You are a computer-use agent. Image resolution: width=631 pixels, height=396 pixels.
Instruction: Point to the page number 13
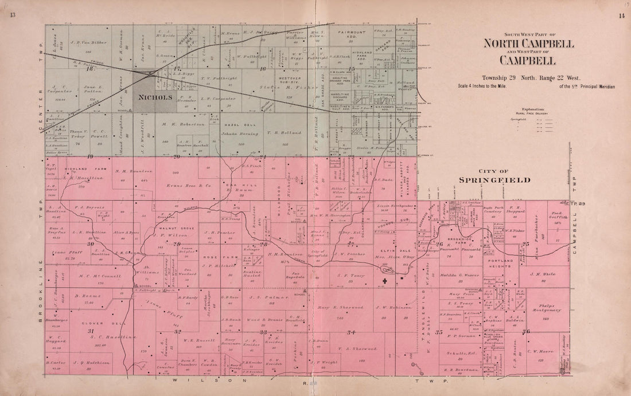(x=12, y=15)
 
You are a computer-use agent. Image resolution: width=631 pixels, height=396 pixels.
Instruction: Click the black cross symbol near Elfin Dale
(x=384, y=281)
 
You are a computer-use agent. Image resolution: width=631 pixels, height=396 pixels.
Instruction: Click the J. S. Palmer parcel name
(x=264, y=297)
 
